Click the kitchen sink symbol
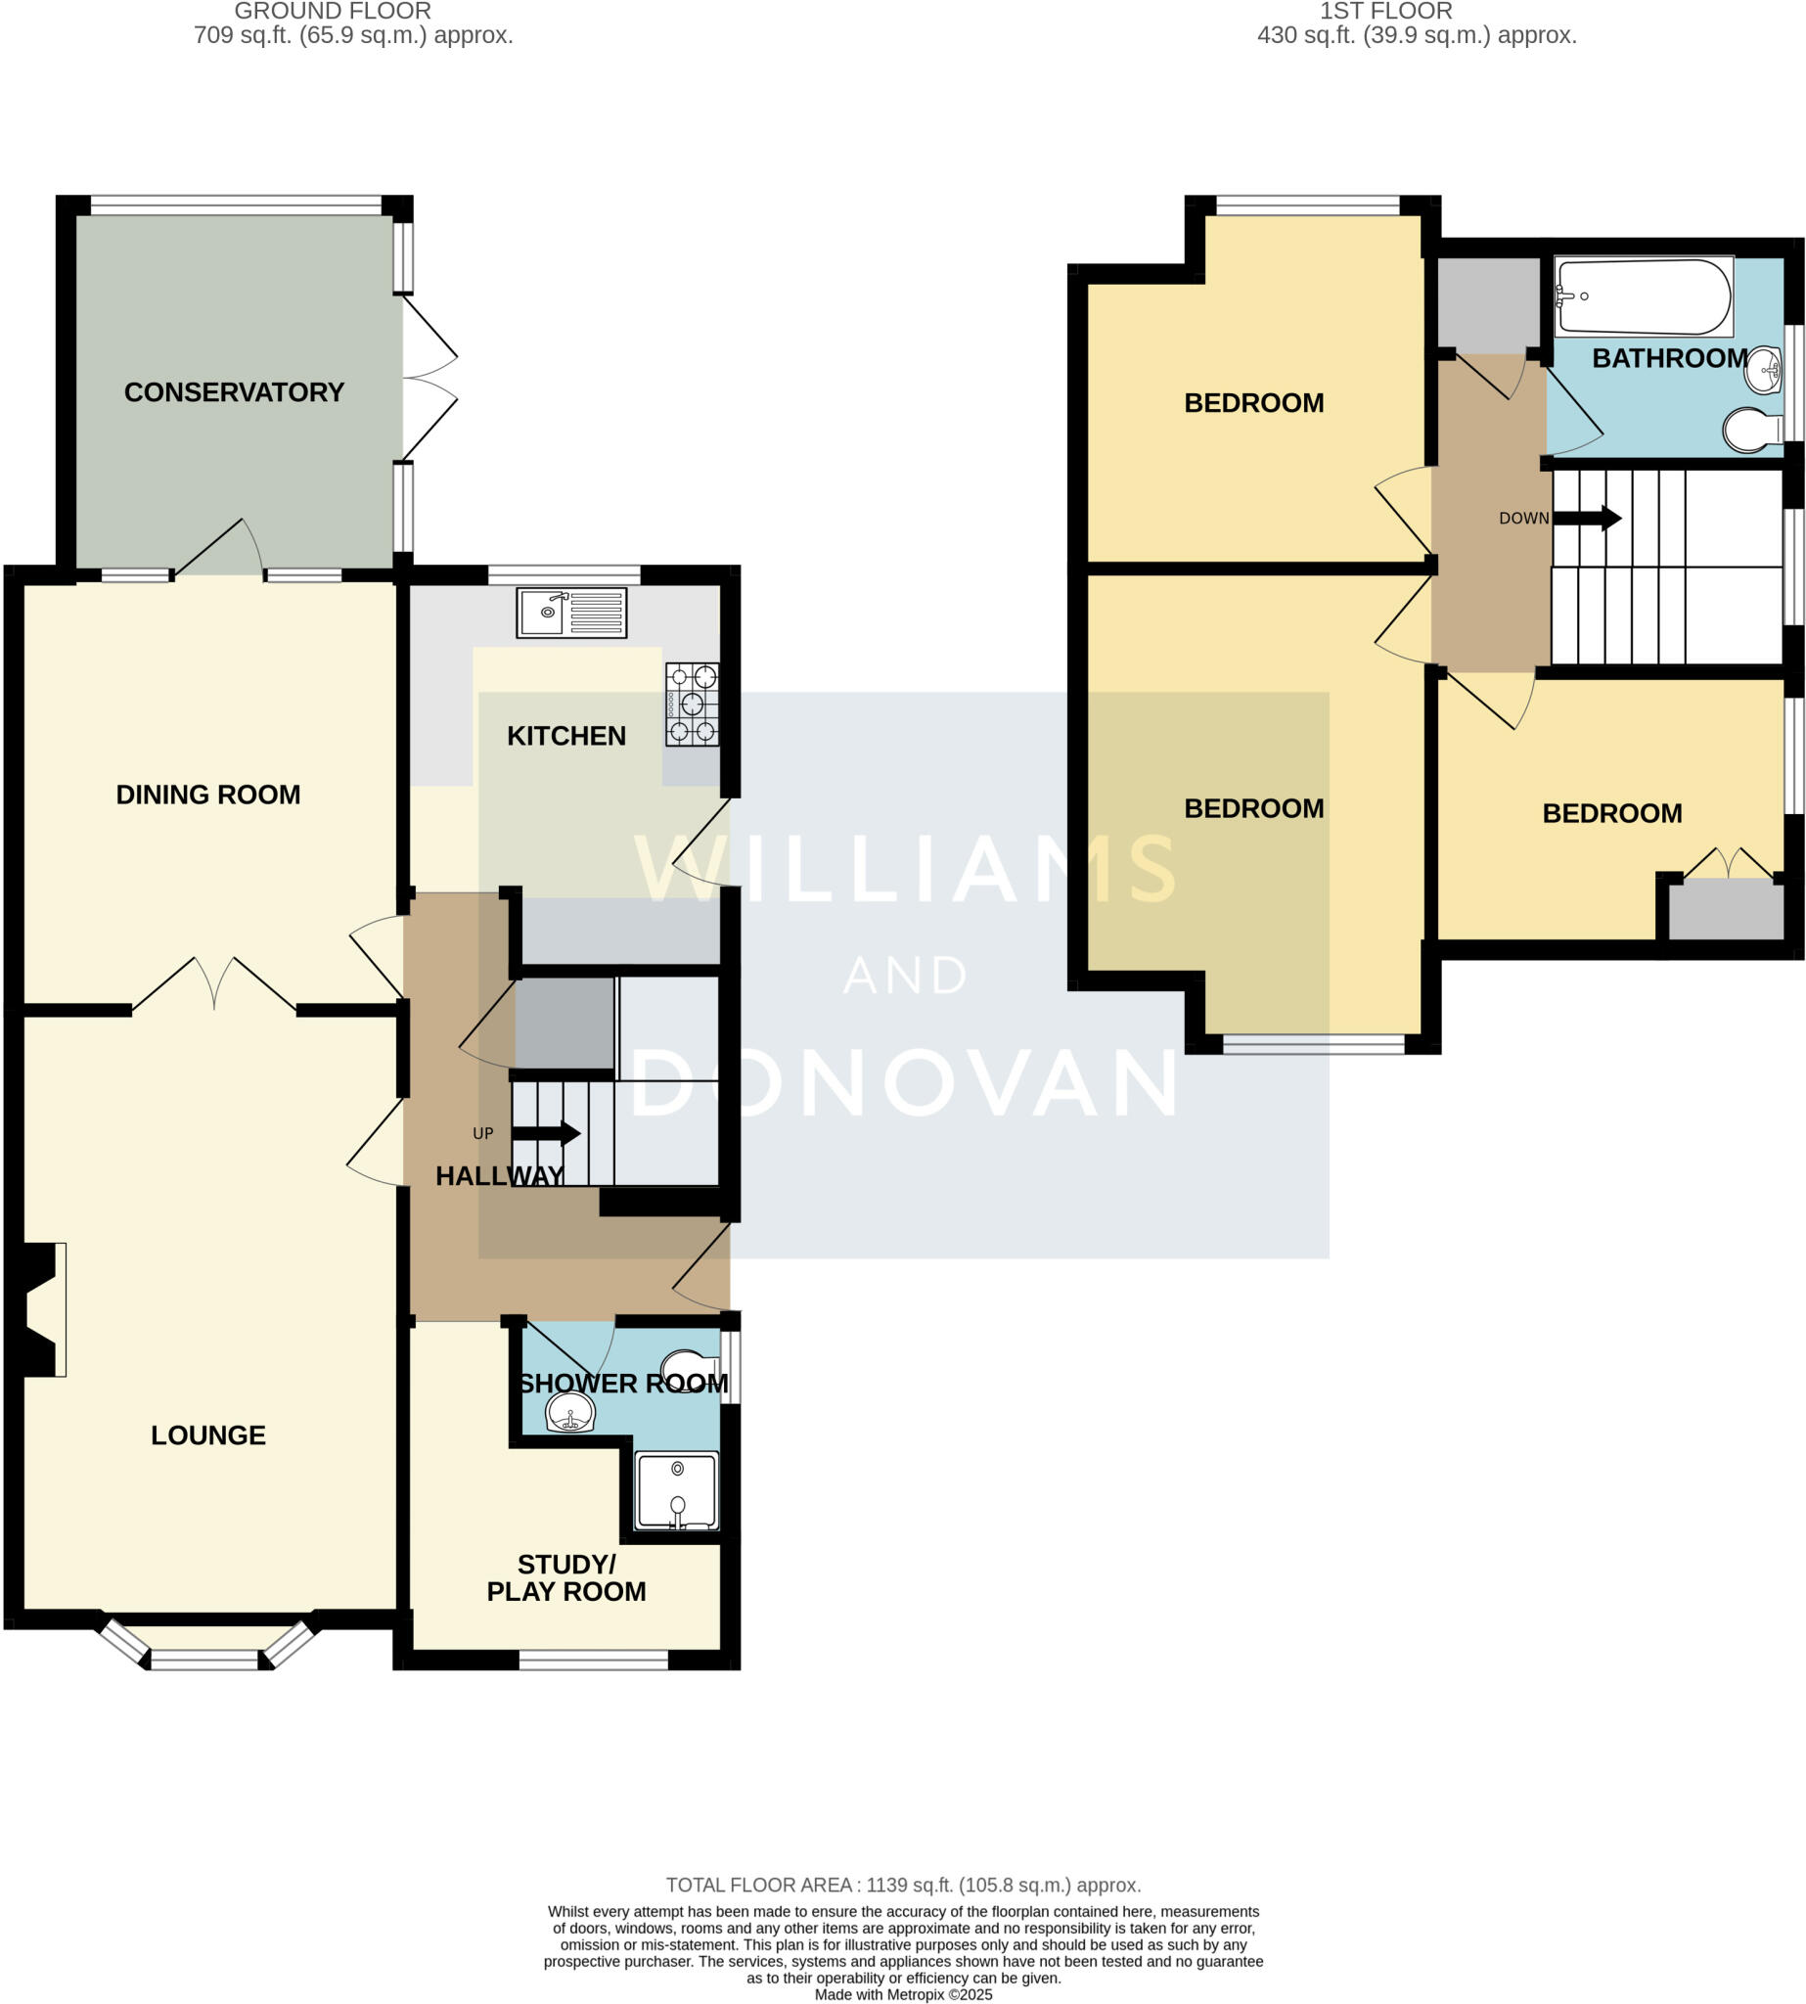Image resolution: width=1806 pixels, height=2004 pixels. pyautogui.click(x=570, y=613)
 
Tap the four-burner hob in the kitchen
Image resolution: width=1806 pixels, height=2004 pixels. pyautogui.click(x=692, y=705)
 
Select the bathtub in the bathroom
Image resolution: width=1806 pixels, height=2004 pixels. pyautogui.click(x=1643, y=296)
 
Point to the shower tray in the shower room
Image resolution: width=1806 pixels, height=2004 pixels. pyautogui.click(x=677, y=1492)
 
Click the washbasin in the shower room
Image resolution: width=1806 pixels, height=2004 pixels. pyautogui.click(x=570, y=1411)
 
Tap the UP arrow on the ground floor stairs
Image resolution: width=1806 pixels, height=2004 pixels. pyautogui.click(x=546, y=1133)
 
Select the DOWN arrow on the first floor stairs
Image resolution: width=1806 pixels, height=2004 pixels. pyautogui.click(x=1587, y=518)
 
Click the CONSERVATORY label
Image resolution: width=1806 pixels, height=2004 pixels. pyautogui.click(x=234, y=392)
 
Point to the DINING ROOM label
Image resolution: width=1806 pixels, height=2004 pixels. pyautogui.click(x=208, y=794)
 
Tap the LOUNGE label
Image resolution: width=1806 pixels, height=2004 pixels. pyautogui.click(x=208, y=1435)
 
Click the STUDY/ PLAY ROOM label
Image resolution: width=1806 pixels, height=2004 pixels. pyautogui.click(x=566, y=1577)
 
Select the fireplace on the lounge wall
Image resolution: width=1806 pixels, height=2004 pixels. pyautogui.click(x=38, y=1309)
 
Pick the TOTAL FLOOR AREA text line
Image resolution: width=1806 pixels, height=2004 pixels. pyautogui.click(x=903, y=1885)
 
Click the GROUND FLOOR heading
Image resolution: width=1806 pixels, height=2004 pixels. pyautogui.click(x=333, y=12)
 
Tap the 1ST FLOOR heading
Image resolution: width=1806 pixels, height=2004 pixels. pyautogui.click(x=1385, y=12)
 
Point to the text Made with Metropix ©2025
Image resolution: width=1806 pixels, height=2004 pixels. pyautogui.click(x=903, y=1994)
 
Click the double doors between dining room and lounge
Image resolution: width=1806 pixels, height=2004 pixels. pyautogui.click(x=214, y=984)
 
